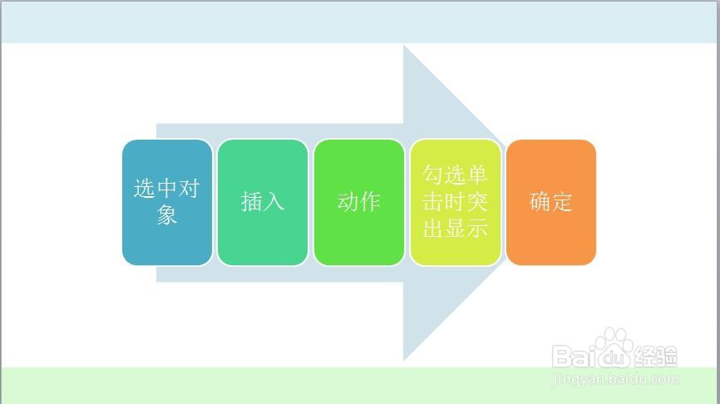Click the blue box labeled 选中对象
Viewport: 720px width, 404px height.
tap(167, 203)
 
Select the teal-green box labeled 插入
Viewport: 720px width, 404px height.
tap(263, 203)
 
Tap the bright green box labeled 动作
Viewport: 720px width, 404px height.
tap(359, 203)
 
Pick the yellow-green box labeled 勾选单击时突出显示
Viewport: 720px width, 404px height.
tap(455, 203)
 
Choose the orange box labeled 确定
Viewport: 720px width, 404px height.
tap(551, 203)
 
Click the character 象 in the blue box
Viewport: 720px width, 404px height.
tap(166, 214)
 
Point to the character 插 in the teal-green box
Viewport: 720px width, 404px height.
tap(252, 201)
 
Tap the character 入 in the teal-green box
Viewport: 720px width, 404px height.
tap(274, 201)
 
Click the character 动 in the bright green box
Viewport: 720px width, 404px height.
tap(348, 201)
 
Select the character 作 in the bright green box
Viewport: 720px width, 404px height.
tap(370, 201)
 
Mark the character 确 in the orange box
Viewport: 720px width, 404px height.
tap(540, 201)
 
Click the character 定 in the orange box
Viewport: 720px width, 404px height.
tap(562, 201)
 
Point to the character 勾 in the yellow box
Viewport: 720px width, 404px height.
tap(432, 175)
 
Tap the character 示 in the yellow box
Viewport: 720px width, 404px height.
tap(477, 228)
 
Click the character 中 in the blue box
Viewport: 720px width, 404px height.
tap(166, 188)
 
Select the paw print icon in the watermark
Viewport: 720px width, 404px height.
tap(615, 347)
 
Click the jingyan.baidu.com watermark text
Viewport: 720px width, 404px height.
tap(616, 379)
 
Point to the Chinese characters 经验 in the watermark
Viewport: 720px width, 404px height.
tap(656, 357)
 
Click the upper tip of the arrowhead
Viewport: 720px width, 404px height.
tap(403, 45)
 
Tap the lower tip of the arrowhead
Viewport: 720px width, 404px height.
tap(403, 361)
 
